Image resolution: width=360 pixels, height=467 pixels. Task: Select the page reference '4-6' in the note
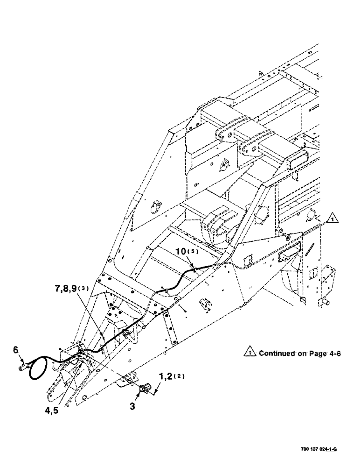coord(334,354)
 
